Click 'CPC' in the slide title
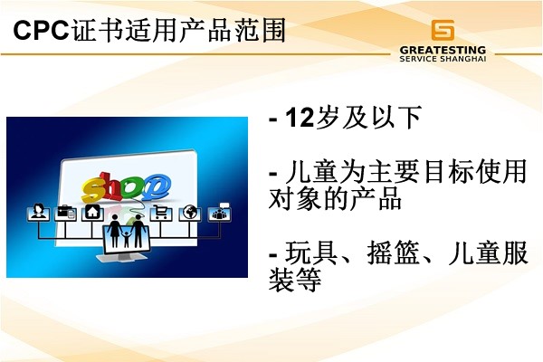click(42, 30)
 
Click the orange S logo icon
click(443, 30)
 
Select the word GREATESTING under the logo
click(443, 50)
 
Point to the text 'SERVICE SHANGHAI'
click(443, 59)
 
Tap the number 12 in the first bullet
click(300, 118)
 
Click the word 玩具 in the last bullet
click(311, 252)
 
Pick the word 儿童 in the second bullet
click(311, 171)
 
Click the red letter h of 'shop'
click(111, 186)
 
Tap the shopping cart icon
click(161, 213)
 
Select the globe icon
click(190, 213)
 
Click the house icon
click(93, 213)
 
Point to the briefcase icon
click(65, 213)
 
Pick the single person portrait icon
click(38, 212)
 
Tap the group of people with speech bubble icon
click(220, 212)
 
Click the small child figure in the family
click(127, 238)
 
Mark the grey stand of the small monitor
click(122, 258)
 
